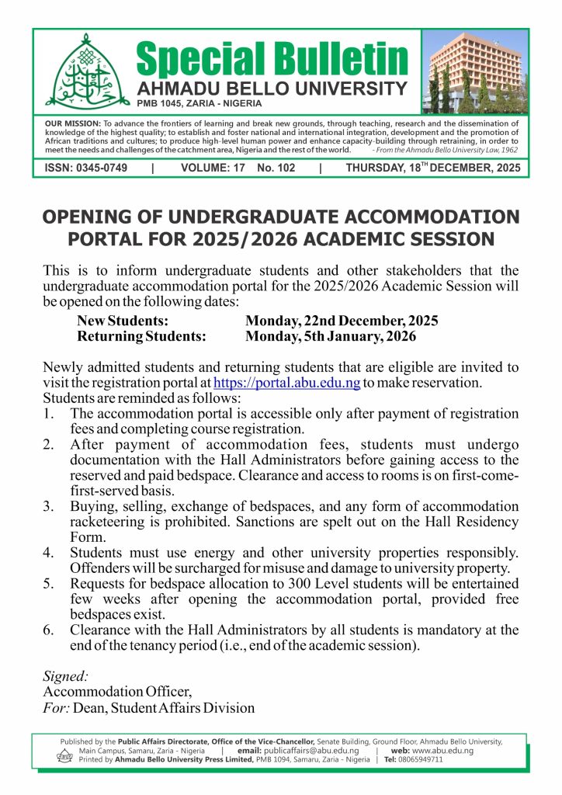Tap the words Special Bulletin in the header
coord(272,58)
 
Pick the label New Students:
coord(123,321)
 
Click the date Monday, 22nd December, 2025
coord(342,321)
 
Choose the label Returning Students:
coord(141,337)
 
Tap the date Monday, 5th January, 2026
coord(331,337)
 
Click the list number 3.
coord(48,506)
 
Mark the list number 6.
coord(48,630)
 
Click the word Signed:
coord(66,676)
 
